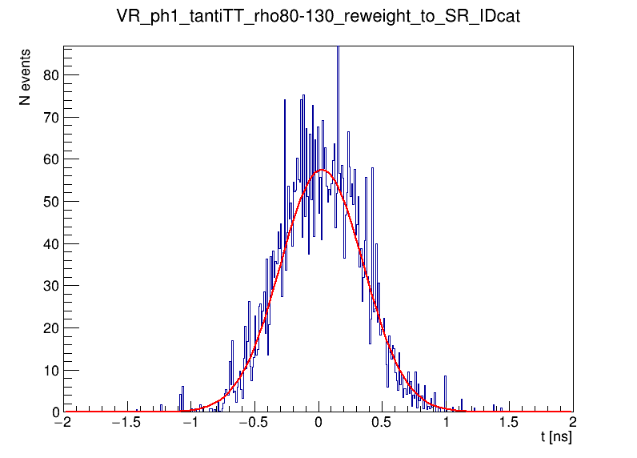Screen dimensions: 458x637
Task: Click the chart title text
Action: point(318,17)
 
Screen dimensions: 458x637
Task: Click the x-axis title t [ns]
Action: point(556,437)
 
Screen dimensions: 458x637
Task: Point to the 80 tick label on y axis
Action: point(49,74)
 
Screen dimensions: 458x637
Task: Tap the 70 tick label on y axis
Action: point(49,117)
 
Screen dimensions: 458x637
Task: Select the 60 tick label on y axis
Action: point(49,159)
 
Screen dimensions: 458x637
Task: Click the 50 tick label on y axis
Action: point(49,201)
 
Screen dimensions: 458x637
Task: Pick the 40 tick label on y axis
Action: point(49,243)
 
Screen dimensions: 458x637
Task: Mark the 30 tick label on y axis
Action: point(49,286)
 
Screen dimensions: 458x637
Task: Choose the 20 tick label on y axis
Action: point(49,327)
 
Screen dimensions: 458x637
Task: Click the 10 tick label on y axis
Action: point(49,370)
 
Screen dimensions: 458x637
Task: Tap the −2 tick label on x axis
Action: point(61,423)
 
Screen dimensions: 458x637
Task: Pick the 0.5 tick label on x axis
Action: point(383,423)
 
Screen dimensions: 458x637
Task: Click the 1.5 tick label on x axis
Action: point(510,423)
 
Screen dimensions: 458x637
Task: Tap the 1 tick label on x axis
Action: point(447,423)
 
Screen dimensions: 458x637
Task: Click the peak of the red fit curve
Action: point(323,170)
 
